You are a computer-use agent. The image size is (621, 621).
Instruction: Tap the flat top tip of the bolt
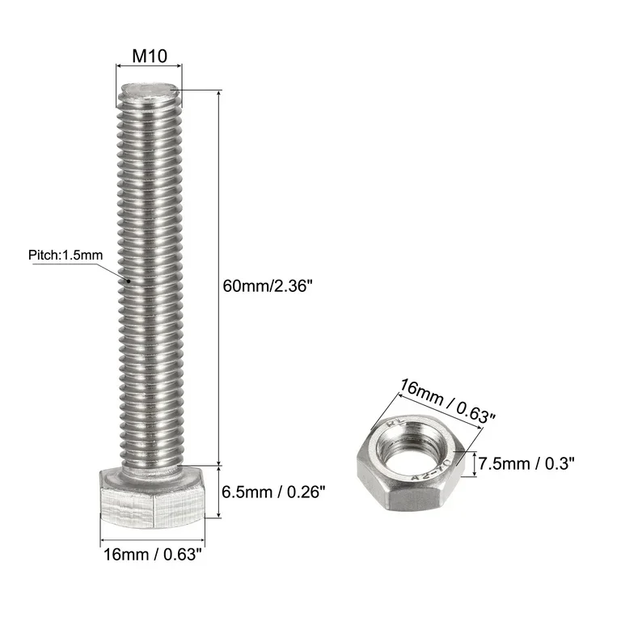point(150,88)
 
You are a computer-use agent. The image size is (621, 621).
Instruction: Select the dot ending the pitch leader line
point(129,280)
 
